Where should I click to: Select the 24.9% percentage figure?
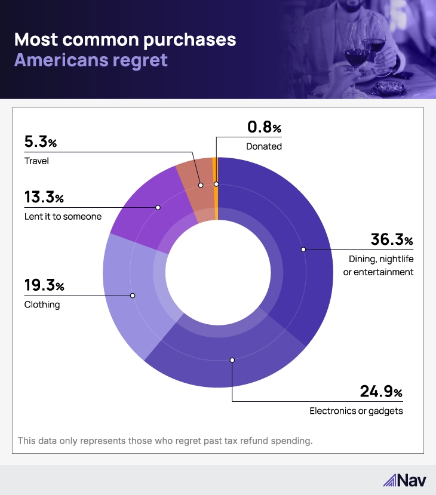pyautogui.click(x=381, y=392)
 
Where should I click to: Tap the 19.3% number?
pyautogui.click(x=44, y=286)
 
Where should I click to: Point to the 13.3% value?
pyautogui.click(x=44, y=197)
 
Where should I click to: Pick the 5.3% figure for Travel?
pyautogui.click(x=40, y=143)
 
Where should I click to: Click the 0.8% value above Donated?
pyautogui.click(x=263, y=128)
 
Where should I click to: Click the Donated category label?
pyautogui.click(x=263, y=146)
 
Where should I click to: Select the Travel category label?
pyautogui.click(x=36, y=161)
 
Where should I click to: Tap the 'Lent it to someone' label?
pyautogui.click(x=63, y=216)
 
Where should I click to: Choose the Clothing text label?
pyautogui.click(x=42, y=305)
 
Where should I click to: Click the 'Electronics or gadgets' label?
pyautogui.click(x=356, y=411)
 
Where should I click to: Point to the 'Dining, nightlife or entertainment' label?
pyautogui.click(x=381, y=265)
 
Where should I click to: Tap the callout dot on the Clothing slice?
pyautogui.click(x=133, y=296)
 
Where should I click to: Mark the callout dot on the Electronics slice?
pyautogui.click(x=232, y=360)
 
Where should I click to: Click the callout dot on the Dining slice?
pyautogui.click(x=303, y=248)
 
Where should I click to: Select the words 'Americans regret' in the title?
pyautogui.click(x=91, y=60)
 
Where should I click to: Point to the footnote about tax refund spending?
pyautogui.click(x=165, y=441)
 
